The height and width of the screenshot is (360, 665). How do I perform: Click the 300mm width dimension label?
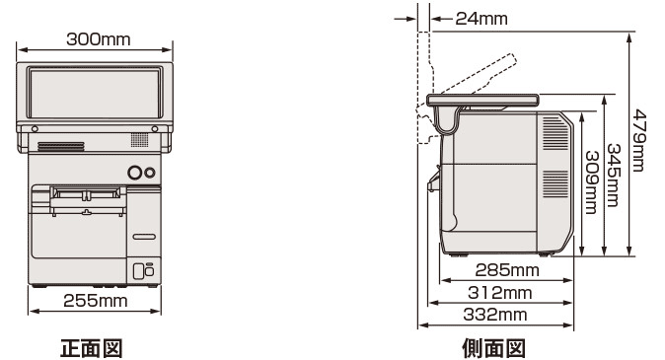pos(99,39)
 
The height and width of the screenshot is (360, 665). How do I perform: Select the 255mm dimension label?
pos(96,301)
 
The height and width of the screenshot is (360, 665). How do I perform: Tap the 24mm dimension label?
pos(481,18)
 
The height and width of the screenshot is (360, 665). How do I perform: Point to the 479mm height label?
pos(638,140)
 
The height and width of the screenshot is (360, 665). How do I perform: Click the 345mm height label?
pos(614,176)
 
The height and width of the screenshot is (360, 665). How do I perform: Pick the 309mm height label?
pos(591,182)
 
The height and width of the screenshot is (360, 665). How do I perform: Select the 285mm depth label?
pos(507,270)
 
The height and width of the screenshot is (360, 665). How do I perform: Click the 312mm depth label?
pos(499,293)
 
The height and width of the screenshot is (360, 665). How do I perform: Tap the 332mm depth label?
pos(495,315)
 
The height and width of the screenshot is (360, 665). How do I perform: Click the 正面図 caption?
pos(92,348)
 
